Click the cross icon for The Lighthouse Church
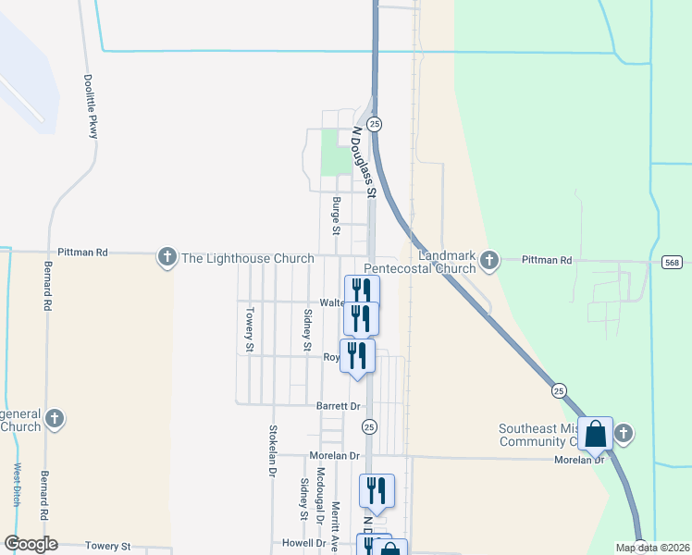167,257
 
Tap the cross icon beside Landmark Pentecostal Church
489,261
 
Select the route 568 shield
673,263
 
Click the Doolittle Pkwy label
91,106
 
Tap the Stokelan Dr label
273,450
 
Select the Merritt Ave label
336,527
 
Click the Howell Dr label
305,543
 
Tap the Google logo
30,544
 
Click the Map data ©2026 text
652,548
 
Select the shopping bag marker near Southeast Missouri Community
595,433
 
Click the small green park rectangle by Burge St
330,152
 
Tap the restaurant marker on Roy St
357,355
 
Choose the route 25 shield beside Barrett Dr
369,426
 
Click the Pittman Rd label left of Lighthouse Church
82,252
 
